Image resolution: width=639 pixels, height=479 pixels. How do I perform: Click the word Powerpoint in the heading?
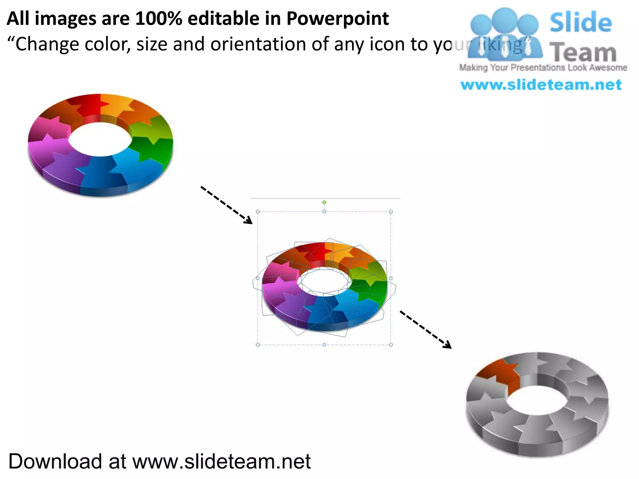(x=337, y=19)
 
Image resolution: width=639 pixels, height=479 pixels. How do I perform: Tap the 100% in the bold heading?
(x=158, y=19)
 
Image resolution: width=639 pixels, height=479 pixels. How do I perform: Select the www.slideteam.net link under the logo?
(x=541, y=85)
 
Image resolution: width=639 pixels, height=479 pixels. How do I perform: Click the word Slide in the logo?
(x=580, y=22)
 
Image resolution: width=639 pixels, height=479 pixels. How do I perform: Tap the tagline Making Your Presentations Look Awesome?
(x=543, y=68)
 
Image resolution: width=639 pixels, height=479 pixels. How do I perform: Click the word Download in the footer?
(x=55, y=461)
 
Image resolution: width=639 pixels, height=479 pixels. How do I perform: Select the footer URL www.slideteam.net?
(x=222, y=461)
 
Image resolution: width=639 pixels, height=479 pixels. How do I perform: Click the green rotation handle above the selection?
(x=324, y=202)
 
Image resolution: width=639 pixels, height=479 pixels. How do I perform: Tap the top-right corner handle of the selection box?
(x=391, y=212)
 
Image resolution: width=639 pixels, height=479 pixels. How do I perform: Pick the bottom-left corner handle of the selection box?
(x=258, y=345)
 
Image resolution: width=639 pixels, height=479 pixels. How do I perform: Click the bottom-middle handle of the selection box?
(x=324, y=345)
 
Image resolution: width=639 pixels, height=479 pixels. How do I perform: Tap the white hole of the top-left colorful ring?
(x=100, y=139)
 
